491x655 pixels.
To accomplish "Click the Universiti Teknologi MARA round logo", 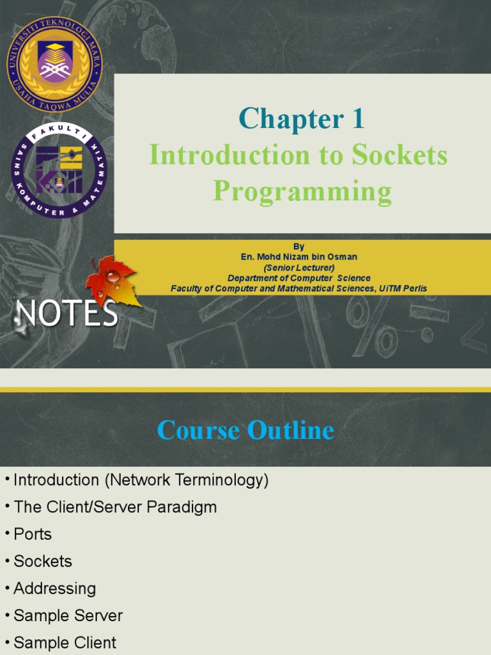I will point(54,64).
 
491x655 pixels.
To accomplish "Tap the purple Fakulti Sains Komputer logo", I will point(59,170).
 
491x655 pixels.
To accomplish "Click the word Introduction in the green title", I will point(229,155).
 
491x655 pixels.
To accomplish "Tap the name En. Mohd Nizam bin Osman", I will point(299,256).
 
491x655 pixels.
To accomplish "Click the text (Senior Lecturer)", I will point(299,267).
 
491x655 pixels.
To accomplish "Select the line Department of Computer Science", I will point(299,278).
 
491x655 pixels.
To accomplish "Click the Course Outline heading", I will point(245,430).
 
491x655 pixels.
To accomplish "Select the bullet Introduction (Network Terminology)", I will point(141,480).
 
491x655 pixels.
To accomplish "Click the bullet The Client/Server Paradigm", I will point(115,507).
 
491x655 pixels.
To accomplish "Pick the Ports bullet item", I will point(33,534).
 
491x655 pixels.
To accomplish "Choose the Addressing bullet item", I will point(54,588).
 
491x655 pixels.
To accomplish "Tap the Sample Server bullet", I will point(68,615).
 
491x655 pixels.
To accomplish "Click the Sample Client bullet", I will point(65,642).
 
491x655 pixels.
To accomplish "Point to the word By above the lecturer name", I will point(299,246).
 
